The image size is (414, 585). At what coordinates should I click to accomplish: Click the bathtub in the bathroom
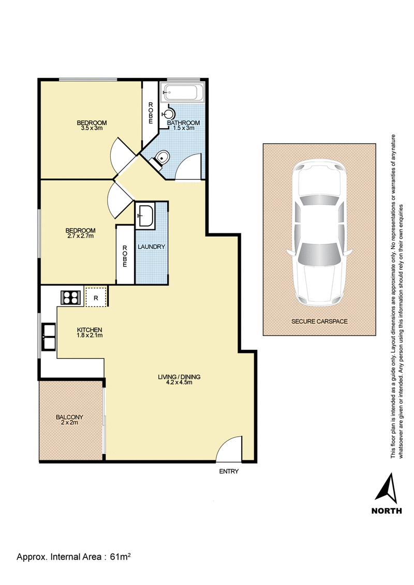click(x=182, y=92)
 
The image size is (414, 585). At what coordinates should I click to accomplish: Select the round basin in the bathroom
click(x=168, y=113)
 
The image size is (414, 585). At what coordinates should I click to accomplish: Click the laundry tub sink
click(x=145, y=215)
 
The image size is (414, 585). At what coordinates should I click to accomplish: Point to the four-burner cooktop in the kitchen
click(x=72, y=298)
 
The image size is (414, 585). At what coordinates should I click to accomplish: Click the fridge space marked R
click(x=96, y=298)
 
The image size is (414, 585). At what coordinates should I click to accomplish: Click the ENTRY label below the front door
click(x=229, y=472)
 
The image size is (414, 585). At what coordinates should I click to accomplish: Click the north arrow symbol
click(x=387, y=488)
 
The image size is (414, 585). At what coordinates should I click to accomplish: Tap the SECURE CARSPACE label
click(x=319, y=321)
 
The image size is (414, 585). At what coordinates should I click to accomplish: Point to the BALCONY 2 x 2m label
click(x=69, y=420)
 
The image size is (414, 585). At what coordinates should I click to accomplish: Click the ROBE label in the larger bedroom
click(x=151, y=113)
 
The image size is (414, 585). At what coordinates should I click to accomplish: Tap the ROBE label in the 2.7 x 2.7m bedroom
click(x=125, y=256)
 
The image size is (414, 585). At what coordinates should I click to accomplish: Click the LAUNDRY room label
click(x=151, y=247)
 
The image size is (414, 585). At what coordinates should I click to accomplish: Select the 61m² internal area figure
click(x=120, y=557)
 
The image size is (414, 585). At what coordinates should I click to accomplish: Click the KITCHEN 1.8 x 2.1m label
click(x=90, y=332)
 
